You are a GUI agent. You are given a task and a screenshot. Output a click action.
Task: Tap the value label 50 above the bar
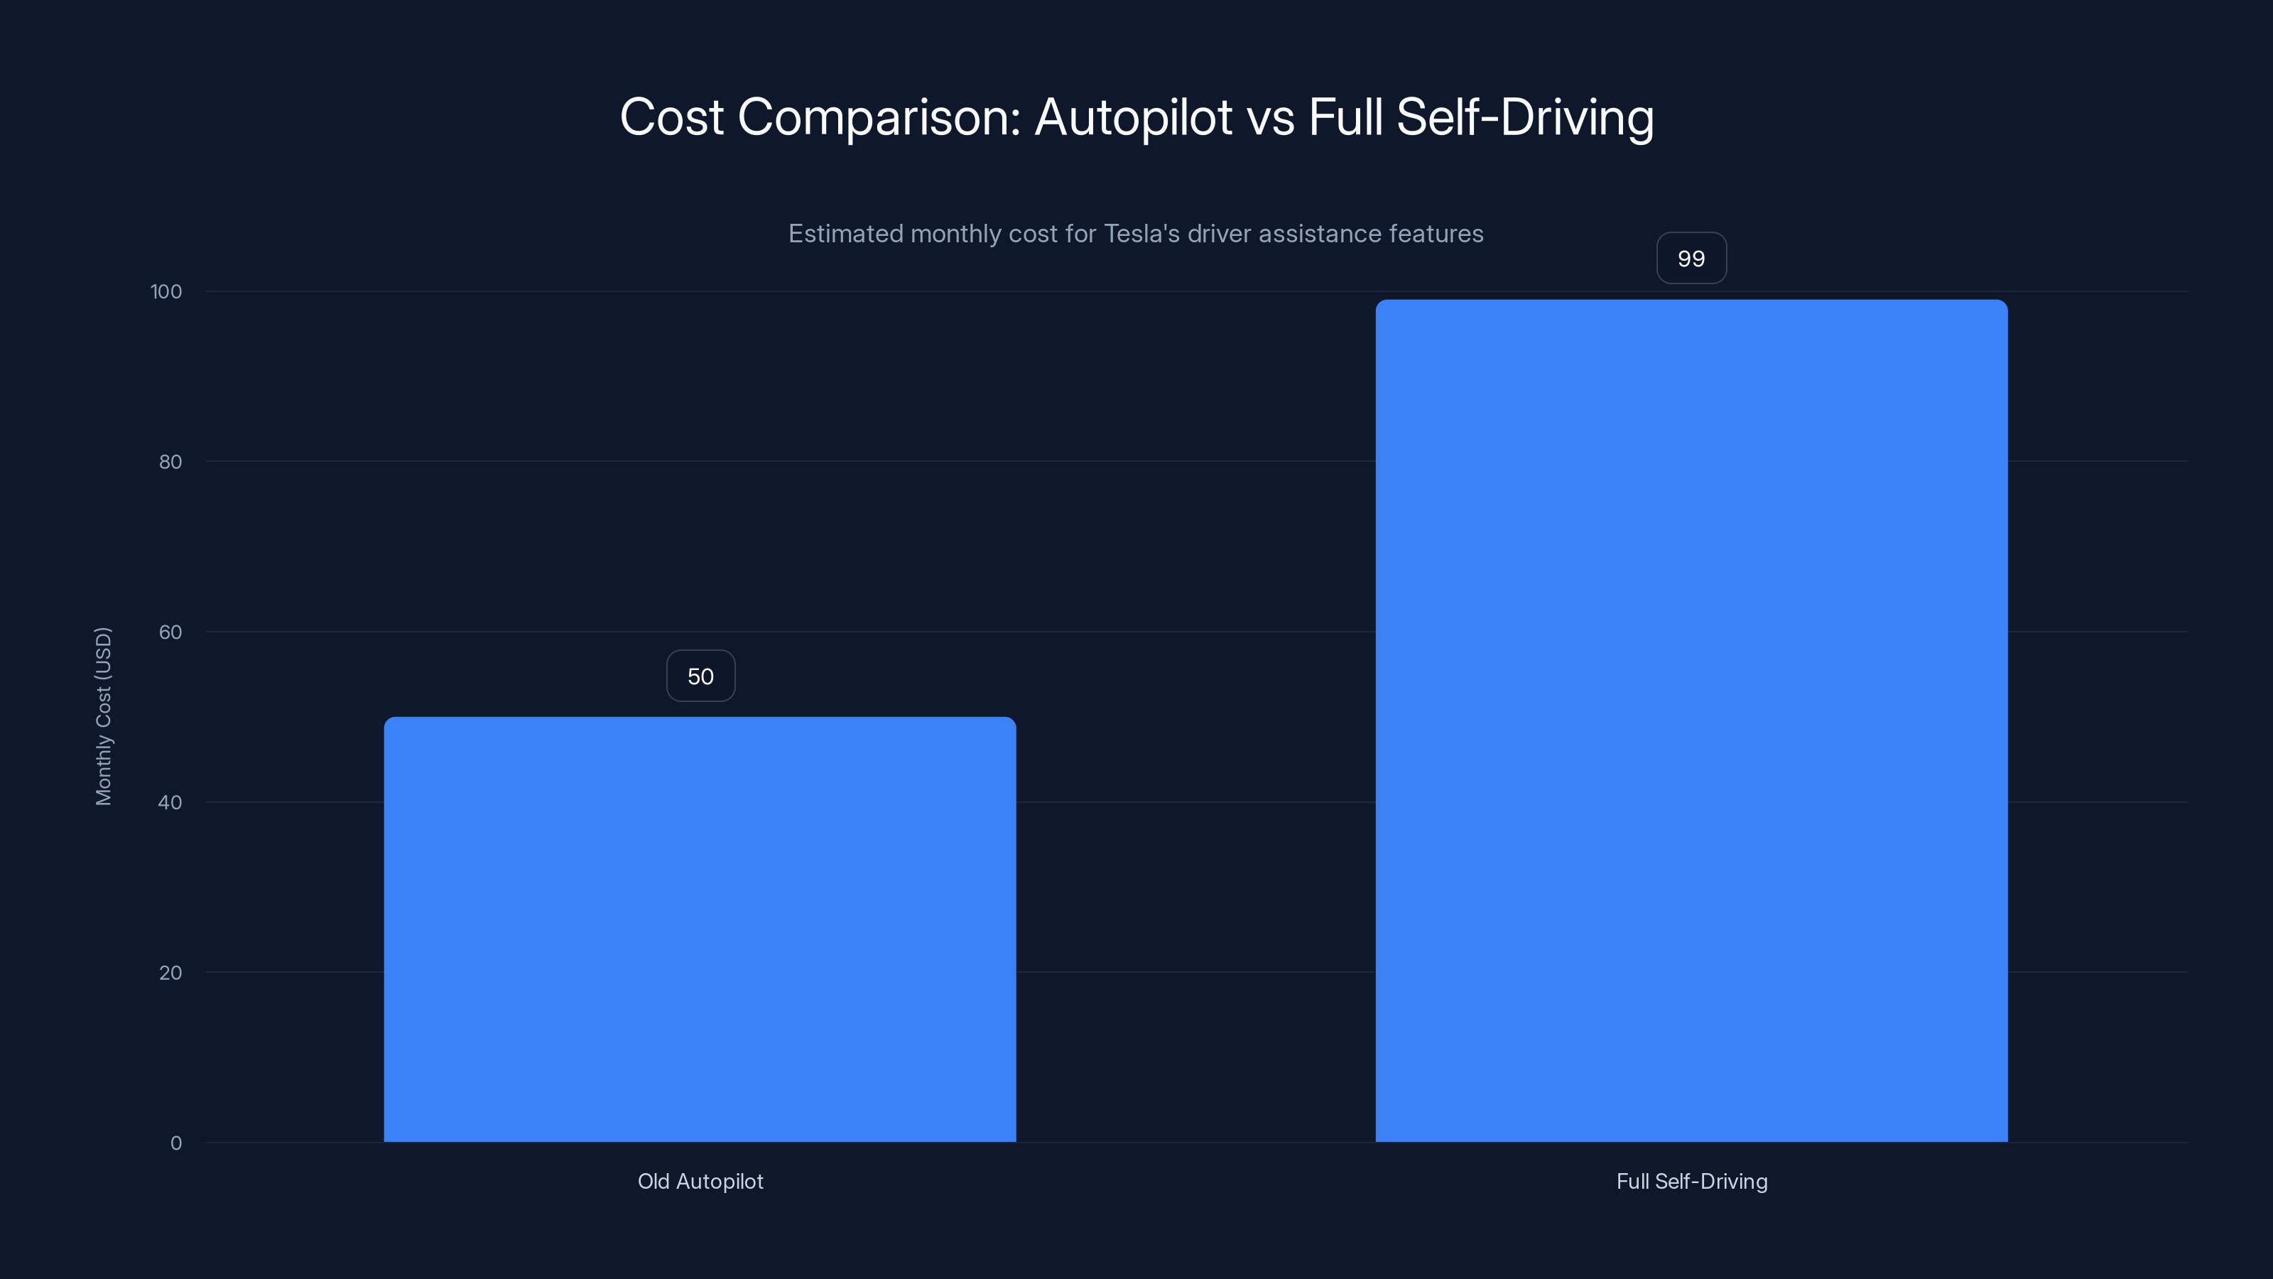pos(700,676)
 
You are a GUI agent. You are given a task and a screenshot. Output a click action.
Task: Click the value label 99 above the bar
pos(1691,259)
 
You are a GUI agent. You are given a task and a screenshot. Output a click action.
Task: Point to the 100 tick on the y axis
pos(166,291)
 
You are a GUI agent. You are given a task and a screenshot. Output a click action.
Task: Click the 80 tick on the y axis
pos(170,462)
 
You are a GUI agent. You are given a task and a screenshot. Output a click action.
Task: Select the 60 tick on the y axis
pos(170,632)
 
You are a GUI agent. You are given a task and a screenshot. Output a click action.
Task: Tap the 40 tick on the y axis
pos(170,802)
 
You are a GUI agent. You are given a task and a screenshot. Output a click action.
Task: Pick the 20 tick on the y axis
pos(170,973)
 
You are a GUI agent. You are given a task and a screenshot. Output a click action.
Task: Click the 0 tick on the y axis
pos(175,1143)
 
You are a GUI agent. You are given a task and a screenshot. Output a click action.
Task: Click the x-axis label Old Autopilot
pos(700,1181)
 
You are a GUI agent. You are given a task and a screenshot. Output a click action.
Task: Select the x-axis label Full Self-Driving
pos(1691,1181)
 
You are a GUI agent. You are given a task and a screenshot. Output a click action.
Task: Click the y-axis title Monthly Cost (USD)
pos(103,716)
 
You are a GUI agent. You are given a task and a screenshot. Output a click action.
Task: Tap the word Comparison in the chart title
pos(878,117)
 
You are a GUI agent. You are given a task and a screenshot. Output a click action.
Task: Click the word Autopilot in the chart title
pos(1133,117)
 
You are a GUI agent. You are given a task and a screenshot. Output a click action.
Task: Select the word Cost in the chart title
pos(671,117)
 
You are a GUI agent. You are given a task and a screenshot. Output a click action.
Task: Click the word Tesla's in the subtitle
pos(1141,234)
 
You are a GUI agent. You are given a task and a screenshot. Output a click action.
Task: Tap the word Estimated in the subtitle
pos(845,234)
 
